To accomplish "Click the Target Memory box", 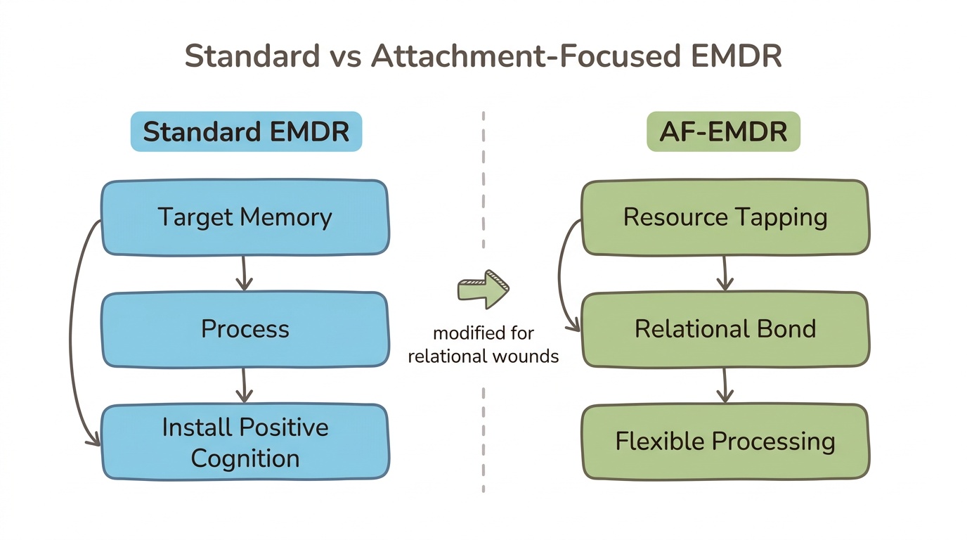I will [245, 217].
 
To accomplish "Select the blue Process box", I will [245, 329].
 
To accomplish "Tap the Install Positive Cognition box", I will [245, 442].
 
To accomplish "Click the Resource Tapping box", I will [725, 217].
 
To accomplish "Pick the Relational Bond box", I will [725, 329].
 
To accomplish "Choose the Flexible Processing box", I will [725, 442].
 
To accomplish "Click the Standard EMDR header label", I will [246, 131].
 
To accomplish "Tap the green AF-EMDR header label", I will [723, 131].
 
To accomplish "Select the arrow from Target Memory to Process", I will [243, 274].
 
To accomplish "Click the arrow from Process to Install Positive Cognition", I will [243, 385].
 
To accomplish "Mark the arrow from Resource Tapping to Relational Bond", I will [724, 274].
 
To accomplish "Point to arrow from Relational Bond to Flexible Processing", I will [724, 385].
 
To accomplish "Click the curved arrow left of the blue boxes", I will [74, 330].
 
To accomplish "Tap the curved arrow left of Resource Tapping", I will [562, 274].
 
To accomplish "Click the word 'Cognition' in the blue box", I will [245, 458].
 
